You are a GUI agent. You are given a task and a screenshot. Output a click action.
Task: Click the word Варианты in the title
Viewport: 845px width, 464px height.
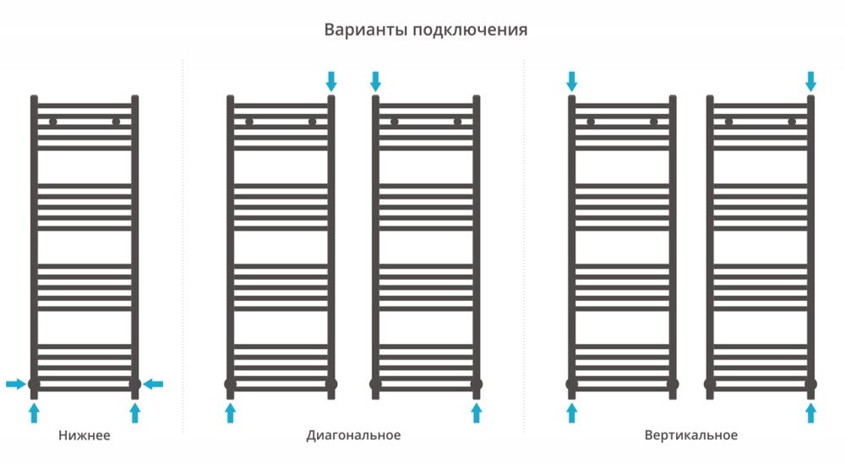click(x=365, y=30)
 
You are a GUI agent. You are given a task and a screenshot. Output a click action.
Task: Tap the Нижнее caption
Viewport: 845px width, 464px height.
click(x=84, y=436)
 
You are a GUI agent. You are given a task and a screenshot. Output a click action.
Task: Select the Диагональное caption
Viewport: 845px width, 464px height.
click(x=353, y=436)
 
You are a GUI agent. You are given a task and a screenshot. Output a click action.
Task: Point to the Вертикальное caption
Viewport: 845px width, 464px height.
click(x=690, y=436)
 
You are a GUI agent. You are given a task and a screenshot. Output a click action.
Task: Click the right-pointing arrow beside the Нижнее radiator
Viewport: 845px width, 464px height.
click(x=15, y=385)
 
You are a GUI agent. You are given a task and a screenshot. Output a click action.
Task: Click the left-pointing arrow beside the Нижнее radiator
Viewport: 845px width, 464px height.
click(x=153, y=385)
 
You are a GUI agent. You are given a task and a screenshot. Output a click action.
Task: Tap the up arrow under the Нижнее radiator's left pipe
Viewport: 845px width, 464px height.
click(x=34, y=412)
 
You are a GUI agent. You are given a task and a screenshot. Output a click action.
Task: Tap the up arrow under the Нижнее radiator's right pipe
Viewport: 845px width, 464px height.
click(x=134, y=412)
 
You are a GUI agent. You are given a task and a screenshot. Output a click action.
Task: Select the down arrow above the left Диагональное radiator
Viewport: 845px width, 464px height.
click(x=331, y=81)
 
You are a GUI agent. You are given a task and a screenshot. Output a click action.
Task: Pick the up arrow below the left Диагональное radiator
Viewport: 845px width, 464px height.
click(x=230, y=412)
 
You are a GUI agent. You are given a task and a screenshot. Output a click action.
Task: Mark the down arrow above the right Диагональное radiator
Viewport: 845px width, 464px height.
click(x=375, y=81)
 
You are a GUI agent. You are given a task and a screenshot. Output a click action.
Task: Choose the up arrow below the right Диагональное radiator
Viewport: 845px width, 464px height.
click(x=477, y=412)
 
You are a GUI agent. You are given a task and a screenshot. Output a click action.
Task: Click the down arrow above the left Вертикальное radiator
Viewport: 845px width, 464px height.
click(x=571, y=81)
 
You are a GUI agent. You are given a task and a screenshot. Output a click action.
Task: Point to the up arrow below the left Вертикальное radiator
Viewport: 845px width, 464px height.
click(x=571, y=412)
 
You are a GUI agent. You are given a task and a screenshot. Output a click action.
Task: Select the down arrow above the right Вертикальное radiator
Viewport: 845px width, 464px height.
click(x=811, y=81)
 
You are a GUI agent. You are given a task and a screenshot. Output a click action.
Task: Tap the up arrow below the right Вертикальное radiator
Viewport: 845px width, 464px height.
click(x=811, y=412)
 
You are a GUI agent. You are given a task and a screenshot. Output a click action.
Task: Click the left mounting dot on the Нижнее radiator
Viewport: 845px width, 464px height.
click(x=52, y=122)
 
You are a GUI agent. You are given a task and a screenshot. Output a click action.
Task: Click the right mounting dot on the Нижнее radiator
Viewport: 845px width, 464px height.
click(x=116, y=122)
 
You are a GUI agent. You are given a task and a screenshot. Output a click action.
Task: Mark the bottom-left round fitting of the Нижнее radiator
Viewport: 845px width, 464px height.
click(x=34, y=385)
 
